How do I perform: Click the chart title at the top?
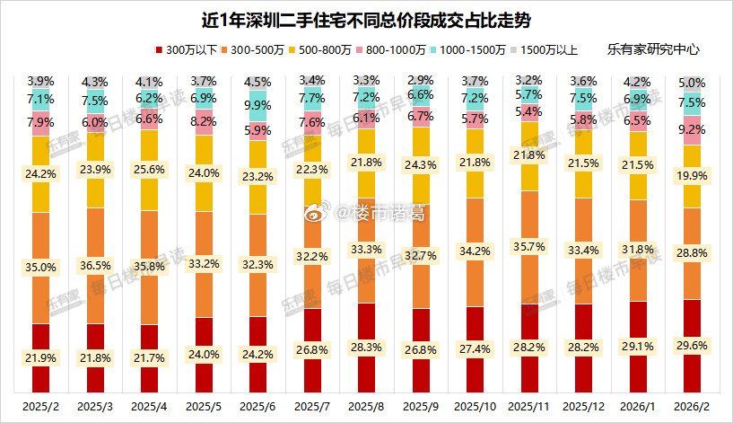click(366, 19)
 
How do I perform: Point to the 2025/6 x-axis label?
click(257, 407)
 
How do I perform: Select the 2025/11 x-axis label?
click(530, 407)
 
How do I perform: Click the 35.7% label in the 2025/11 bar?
click(530, 245)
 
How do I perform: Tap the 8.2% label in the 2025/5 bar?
click(204, 119)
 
